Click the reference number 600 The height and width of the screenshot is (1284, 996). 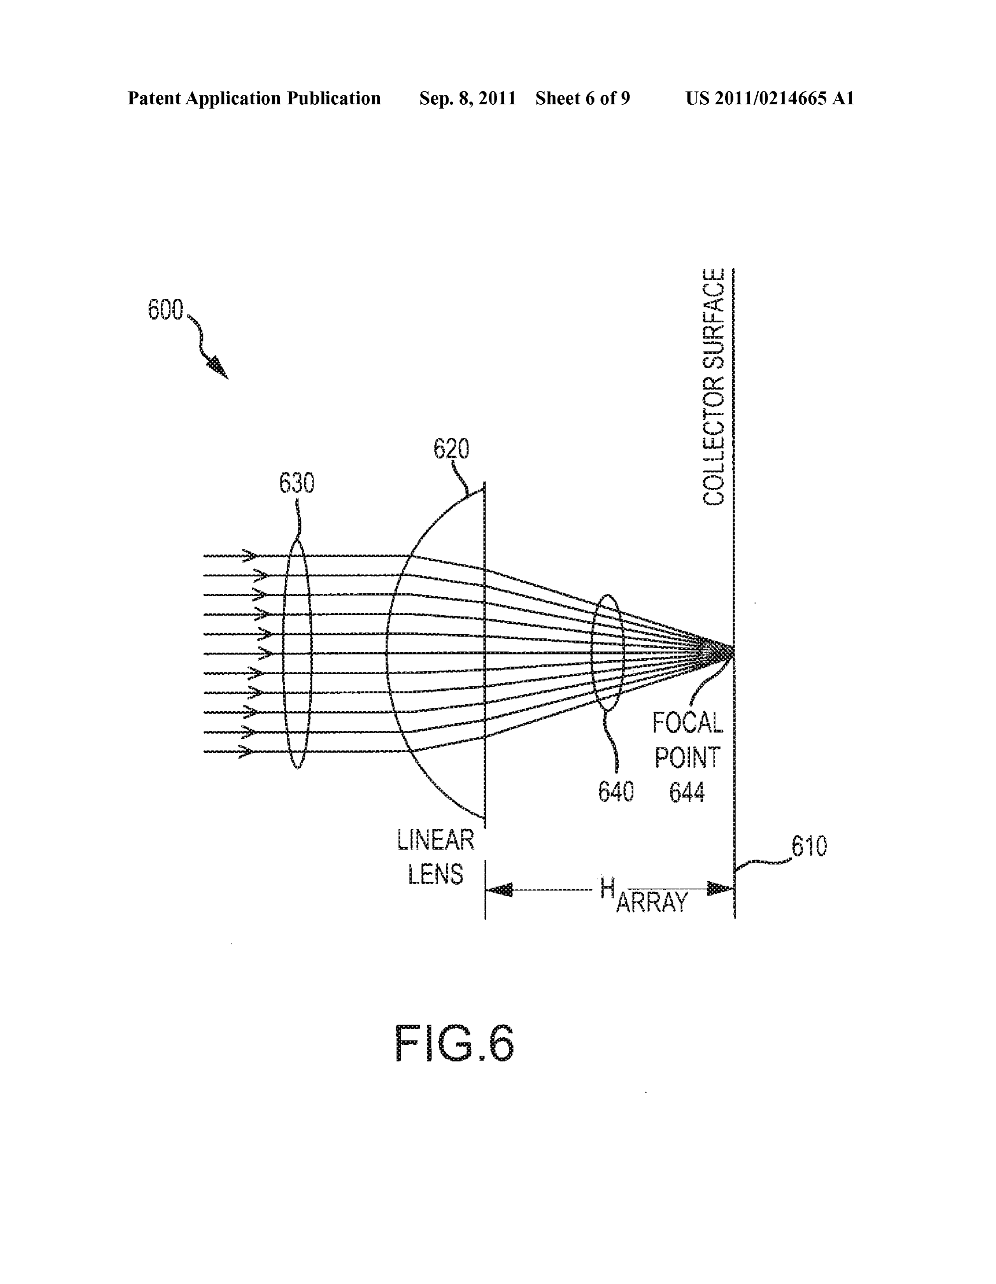tap(165, 309)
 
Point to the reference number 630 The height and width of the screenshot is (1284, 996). tap(296, 483)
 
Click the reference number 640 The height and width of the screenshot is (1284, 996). tap(616, 792)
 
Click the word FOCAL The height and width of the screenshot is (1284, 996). tap(687, 723)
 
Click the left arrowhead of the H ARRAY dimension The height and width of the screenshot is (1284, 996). tap(499, 890)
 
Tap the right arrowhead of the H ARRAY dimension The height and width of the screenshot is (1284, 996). tap(720, 888)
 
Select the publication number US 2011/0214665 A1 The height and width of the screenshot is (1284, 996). tap(770, 98)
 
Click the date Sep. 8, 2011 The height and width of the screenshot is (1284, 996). tap(467, 98)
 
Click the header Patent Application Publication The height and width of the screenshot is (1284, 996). tap(254, 98)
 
